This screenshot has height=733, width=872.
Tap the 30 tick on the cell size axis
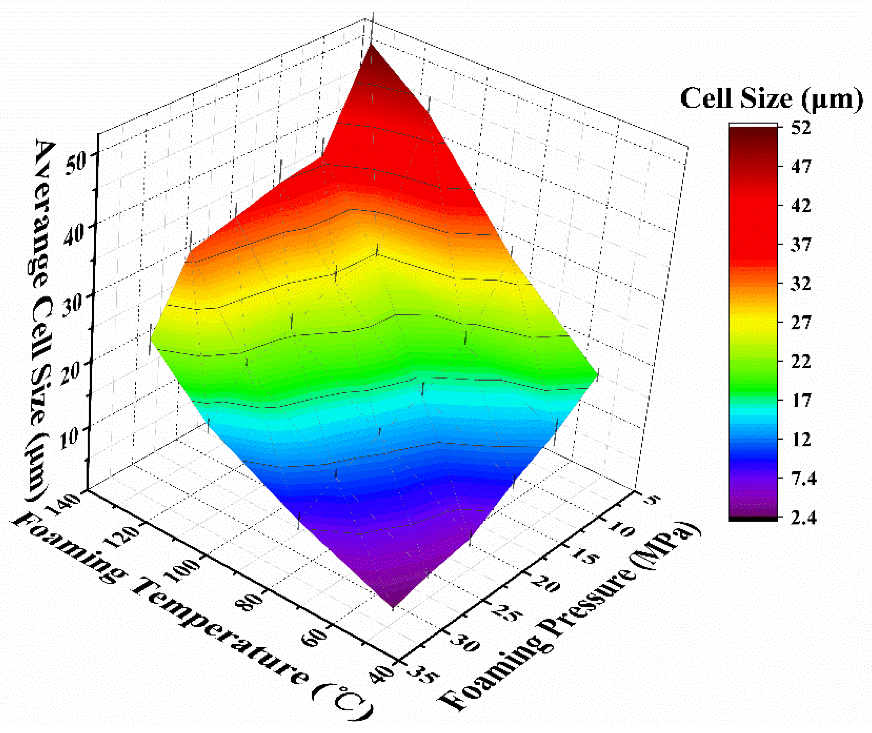73,305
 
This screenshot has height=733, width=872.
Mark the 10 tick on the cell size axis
69,438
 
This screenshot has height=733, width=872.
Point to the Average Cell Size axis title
42,320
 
